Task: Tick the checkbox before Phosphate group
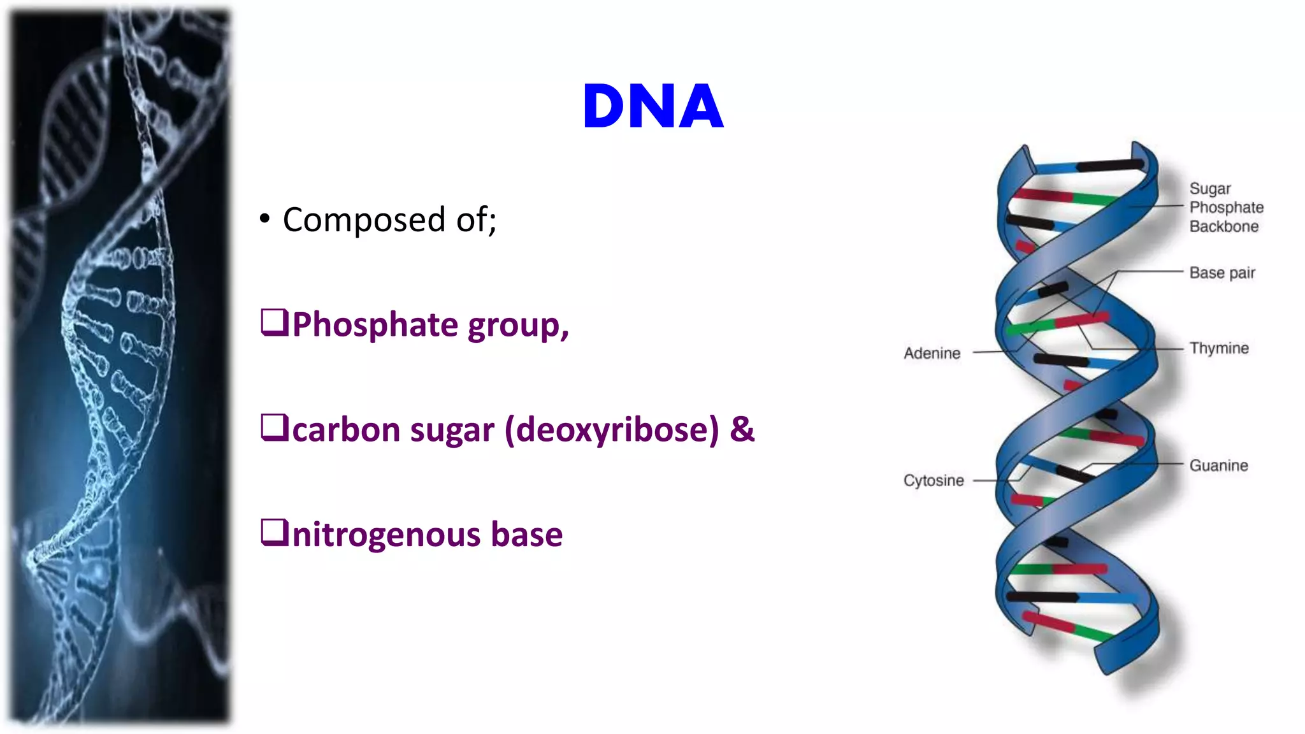tap(275, 322)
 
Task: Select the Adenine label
tap(932, 353)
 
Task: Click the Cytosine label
tap(934, 480)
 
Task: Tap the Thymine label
tap(1218, 348)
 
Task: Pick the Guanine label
tap(1218, 466)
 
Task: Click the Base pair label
tap(1222, 273)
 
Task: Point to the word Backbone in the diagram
tap(1223, 226)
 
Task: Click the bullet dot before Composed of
tap(265, 219)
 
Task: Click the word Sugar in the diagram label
tap(1209, 189)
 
